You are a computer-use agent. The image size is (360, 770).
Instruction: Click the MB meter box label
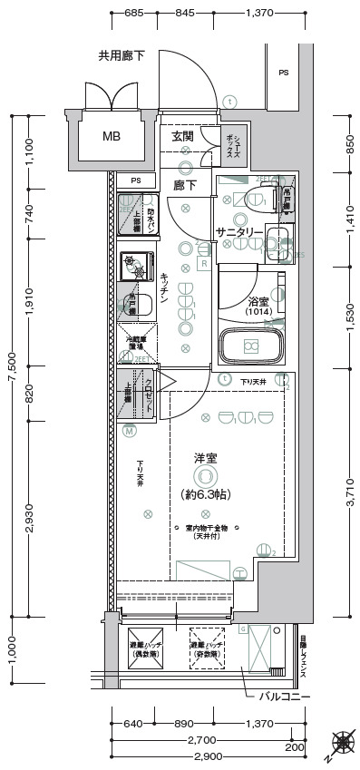(x=111, y=137)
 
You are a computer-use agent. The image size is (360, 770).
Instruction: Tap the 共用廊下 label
(x=122, y=56)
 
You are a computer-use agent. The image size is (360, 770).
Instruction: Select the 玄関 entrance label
(x=182, y=136)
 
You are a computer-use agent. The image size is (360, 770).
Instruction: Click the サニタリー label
(x=239, y=233)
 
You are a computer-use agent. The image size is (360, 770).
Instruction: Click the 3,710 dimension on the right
(x=349, y=496)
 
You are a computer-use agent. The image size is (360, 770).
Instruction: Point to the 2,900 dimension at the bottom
(x=207, y=755)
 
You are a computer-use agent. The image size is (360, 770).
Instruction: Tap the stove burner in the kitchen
(x=136, y=265)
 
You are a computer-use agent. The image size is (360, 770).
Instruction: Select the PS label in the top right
(x=284, y=73)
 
